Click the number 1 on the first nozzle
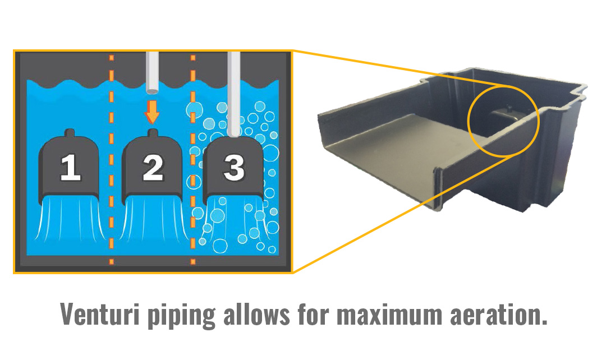click(70, 167)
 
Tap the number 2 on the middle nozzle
click(153, 167)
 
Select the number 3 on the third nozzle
click(234, 167)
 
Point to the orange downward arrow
click(152, 112)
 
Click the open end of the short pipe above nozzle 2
click(153, 91)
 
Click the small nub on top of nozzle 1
click(70, 133)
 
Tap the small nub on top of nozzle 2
click(153, 133)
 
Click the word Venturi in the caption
click(100, 313)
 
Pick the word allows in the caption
click(256, 313)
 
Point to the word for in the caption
click(313, 313)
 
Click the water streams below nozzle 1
click(70, 218)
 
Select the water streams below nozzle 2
click(153, 218)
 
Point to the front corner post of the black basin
click(439, 190)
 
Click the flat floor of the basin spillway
click(402, 139)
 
